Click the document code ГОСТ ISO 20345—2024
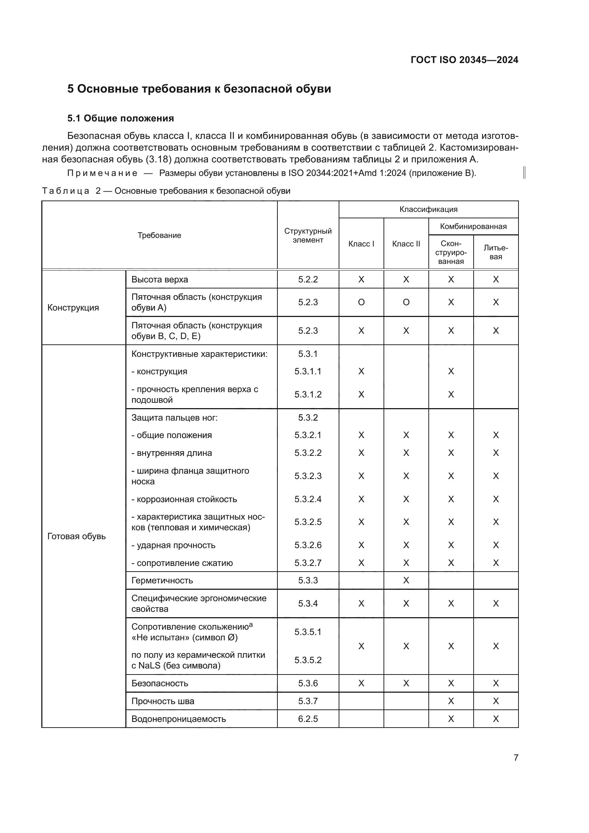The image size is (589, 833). (x=464, y=60)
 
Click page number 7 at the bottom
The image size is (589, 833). (x=516, y=757)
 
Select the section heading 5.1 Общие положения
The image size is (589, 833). (x=120, y=118)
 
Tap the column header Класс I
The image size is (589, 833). (x=361, y=244)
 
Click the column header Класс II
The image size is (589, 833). (x=406, y=244)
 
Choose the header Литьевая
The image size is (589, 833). (x=495, y=252)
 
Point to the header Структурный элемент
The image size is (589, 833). (x=308, y=235)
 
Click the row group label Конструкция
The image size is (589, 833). (x=73, y=308)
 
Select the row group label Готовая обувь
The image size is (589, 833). (x=77, y=536)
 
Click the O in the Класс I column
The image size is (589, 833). (x=361, y=302)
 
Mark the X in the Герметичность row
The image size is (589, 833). (x=406, y=581)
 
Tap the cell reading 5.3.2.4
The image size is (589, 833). (x=308, y=499)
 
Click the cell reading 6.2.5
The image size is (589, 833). (x=308, y=719)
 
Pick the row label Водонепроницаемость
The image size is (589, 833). (x=178, y=719)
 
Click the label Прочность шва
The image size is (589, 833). (x=162, y=701)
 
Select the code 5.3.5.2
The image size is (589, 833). (x=308, y=660)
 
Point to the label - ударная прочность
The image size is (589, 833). (x=173, y=545)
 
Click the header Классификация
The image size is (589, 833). (x=428, y=209)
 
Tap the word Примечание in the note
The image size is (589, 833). (x=102, y=173)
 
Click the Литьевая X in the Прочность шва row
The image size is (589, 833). (x=495, y=701)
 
